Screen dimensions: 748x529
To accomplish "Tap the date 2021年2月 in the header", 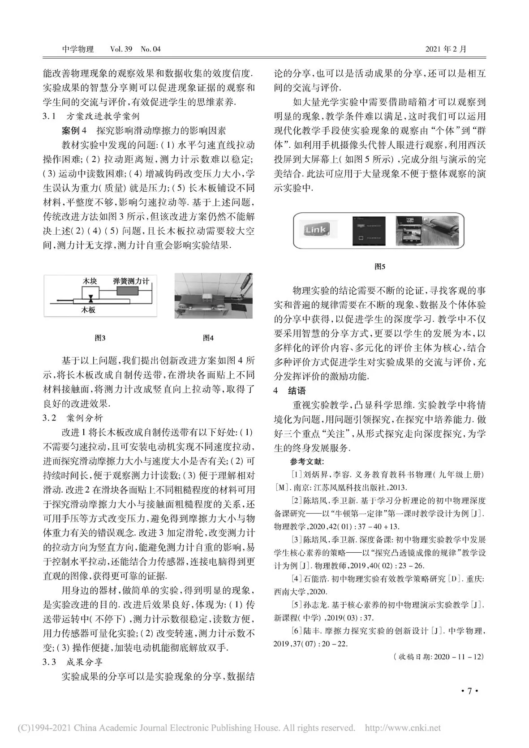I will click(x=445, y=49).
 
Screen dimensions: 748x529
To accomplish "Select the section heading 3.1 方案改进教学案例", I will click(x=91, y=116).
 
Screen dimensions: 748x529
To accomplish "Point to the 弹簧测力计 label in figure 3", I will click(x=131, y=281).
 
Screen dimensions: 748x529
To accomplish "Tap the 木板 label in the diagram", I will click(x=88, y=310).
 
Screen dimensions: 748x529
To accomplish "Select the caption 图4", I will click(x=208, y=338).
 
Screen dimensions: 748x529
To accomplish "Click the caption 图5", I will click(x=379, y=267).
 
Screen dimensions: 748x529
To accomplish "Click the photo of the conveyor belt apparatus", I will click(x=213, y=296).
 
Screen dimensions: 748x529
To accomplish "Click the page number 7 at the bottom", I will click(x=469, y=691).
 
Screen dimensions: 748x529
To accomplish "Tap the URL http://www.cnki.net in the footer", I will click(x=403, y=728).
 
